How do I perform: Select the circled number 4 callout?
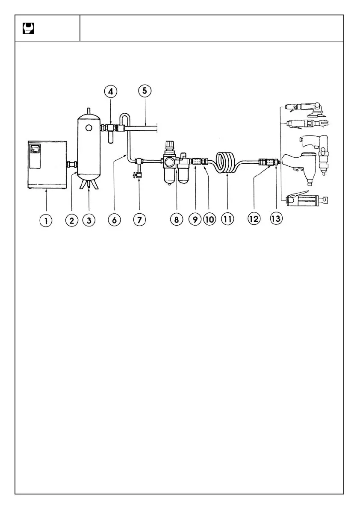(x=111, y=92)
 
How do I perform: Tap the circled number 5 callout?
(x=145, y=92)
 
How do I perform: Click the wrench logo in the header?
(x=28, y=29)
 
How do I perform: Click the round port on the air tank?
(x=89, y=128)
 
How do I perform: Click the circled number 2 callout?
(x=71, y=220)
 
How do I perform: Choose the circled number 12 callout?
(x=254, y=219)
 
